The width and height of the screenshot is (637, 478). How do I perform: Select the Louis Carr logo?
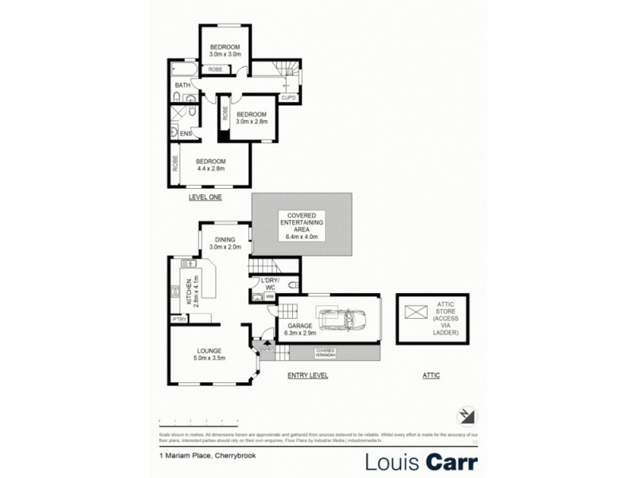pyautogui.click(x=422, y=461)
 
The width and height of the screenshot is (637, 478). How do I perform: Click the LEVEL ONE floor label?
pyautogui.click(x=205, y=197)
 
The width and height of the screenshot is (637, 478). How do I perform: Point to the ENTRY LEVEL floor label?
pyautogui.click(x=308, y=375)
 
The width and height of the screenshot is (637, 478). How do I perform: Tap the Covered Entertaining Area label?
pyautogui.click(x=301, y=226)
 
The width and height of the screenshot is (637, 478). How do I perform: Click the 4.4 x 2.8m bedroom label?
pyautogui.click(x=211, y=166)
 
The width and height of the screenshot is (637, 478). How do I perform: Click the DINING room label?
pyautogui.click(x=225, y=243)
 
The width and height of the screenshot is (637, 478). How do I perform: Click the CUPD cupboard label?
pyautogui.click(x=287, y=98)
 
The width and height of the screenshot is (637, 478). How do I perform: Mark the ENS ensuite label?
pyautogui.click(x=186, y=134)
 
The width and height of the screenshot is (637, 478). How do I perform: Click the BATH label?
pyautogui.click(x=182, y=85)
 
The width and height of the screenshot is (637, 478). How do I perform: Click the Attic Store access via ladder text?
pyautogui.click(x=444, y=318)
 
